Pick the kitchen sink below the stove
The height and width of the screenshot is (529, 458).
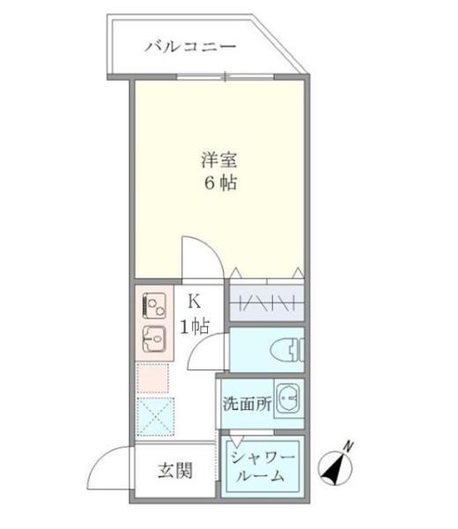pos(155,339)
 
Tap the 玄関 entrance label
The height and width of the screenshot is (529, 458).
pos(176,469)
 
